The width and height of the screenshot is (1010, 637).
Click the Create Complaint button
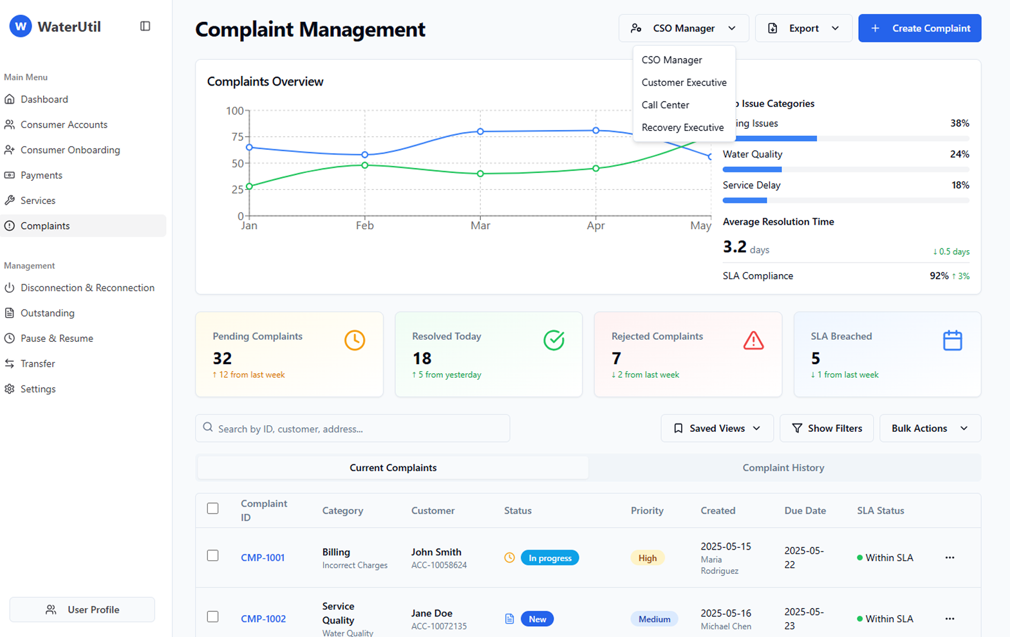[919, 28]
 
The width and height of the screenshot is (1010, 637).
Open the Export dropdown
[803, 28]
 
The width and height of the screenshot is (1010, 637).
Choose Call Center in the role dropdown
[665, 105]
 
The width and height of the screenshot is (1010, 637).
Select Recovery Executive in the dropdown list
[682, 127]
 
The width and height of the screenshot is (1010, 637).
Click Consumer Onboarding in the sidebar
[70, 150]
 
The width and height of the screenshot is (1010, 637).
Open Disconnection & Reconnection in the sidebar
[88, 288]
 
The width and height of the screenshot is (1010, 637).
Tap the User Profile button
[82, 609]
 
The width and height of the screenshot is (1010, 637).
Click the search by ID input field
[353, 429]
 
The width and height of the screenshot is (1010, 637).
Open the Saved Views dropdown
[716, 429]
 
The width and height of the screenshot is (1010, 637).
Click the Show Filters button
[827, 429]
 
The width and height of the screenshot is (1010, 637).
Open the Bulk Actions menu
[930, 429]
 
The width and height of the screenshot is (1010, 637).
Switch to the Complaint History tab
[783, 468]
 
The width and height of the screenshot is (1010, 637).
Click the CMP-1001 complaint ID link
[263, 558]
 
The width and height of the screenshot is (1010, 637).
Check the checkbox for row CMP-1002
[212, 616]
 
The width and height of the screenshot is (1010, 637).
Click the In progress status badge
[550, 558]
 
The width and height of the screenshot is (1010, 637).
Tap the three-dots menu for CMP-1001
[949, 558]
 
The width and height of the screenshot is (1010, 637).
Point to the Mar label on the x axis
[480, 226]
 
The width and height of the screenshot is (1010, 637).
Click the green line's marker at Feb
[365, 165]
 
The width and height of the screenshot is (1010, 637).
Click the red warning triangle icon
[753, 340]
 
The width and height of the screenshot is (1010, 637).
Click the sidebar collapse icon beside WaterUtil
[145, 26]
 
